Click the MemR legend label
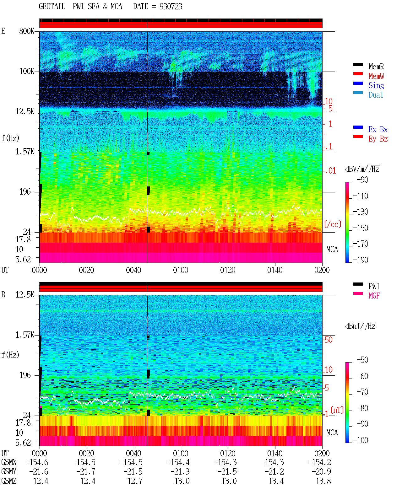[376, 67]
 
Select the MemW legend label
[376, 76]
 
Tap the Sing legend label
[376, 85]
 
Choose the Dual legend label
[376, 95]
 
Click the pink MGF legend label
[374, 296]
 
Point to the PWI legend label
[374, 286]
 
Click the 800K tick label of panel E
[27, 31]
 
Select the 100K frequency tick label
[27, 71]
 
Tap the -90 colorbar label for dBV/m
[362, 180]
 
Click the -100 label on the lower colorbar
[361, 440]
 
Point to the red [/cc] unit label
[333, 224]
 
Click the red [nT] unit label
[337, 410]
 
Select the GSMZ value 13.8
[323, 481]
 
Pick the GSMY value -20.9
[321, 472]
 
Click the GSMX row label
[9, 462]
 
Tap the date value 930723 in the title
[171, 7]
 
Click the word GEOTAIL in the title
[52, 7]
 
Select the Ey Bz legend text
[378, 139]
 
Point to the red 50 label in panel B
[328, 340]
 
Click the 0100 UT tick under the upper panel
[181, 270]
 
